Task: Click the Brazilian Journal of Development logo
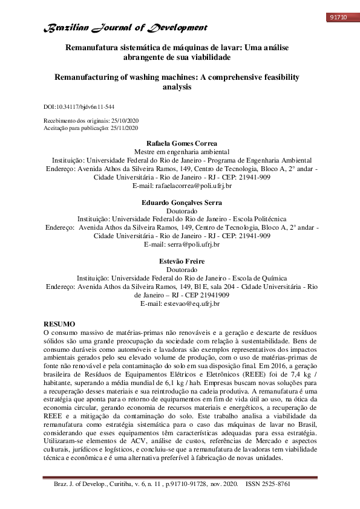[x=124, y=28]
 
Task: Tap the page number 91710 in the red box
[x=337, y=17]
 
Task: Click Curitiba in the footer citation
[x=145, y=501]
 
